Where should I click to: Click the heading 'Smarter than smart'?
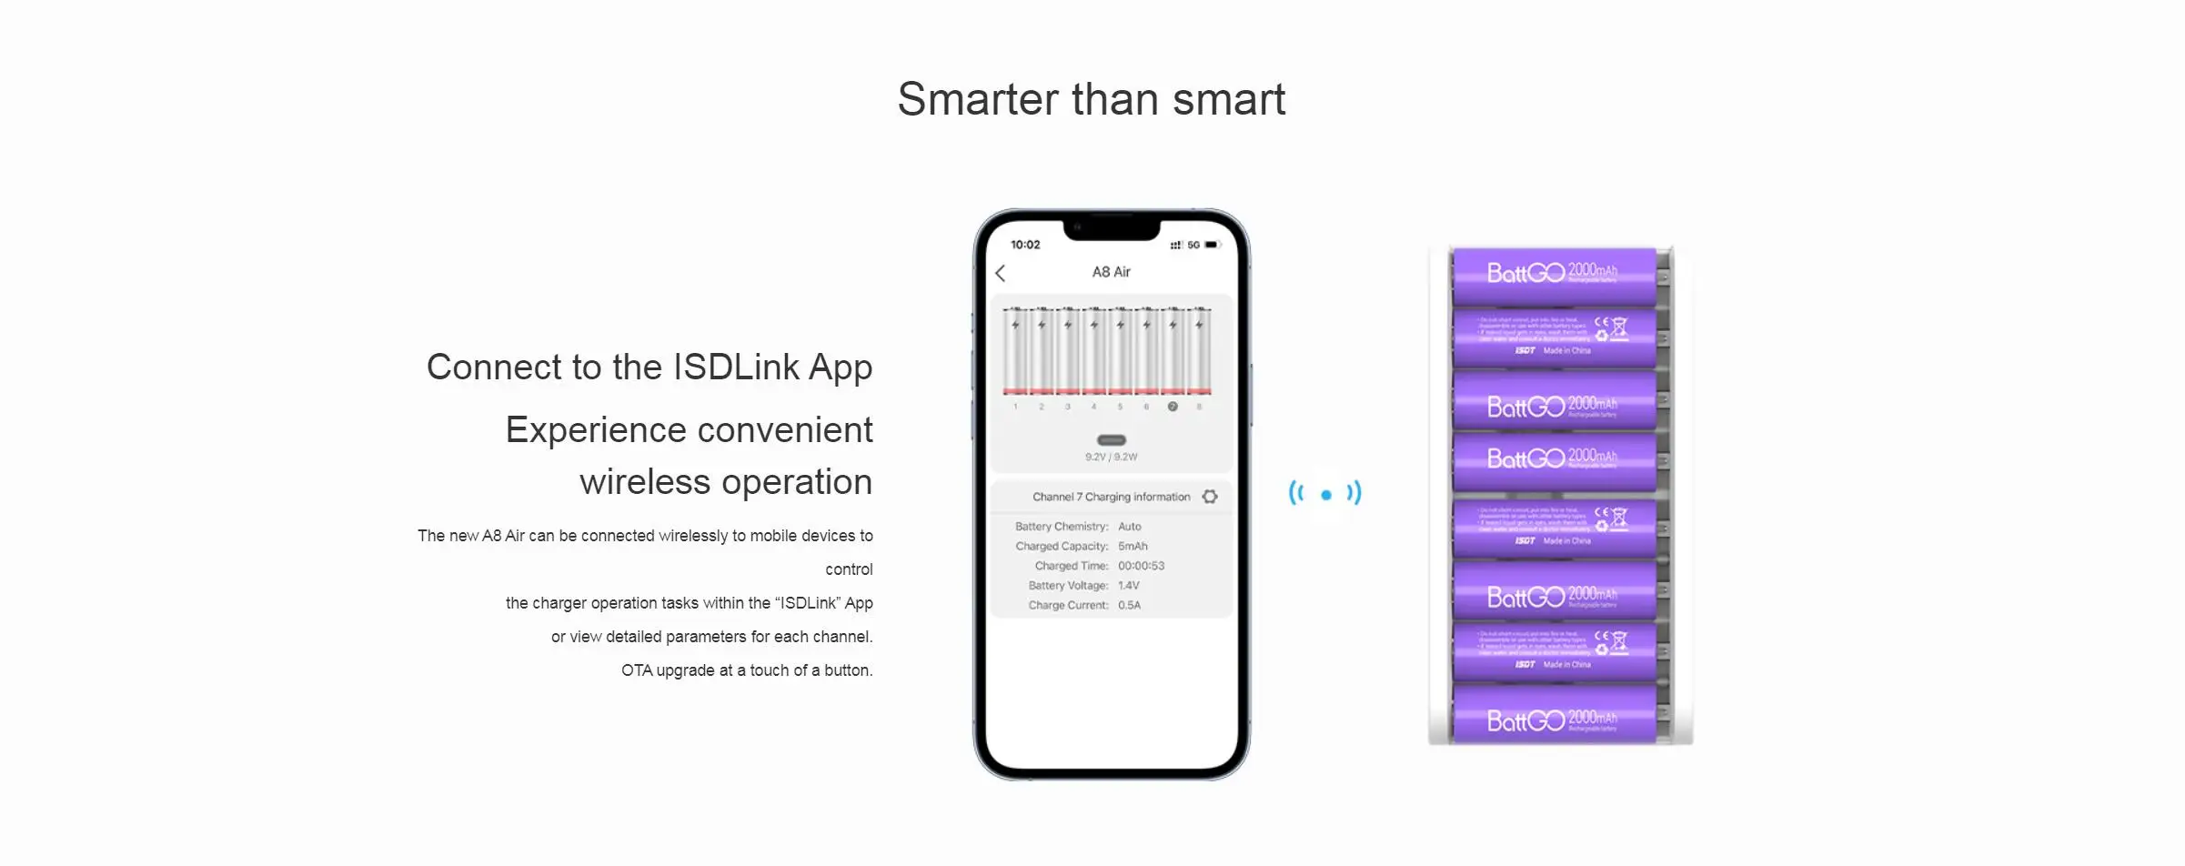coord(1091,99)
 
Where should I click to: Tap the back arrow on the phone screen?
coord(1001,273)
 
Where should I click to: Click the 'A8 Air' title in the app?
coord(1111,272)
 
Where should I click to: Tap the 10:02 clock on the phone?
coord(1025,245)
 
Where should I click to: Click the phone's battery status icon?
coord(1212,245)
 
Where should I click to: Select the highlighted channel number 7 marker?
coord(1173,407)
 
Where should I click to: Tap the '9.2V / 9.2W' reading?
coord(1111,457)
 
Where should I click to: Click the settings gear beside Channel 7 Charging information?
coord(1210,497)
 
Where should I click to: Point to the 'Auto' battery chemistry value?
coord(1129,527)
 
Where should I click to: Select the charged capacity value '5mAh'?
coord(1133,547)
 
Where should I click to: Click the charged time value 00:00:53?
coord(1141,566)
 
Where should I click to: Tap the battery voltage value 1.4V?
coord(1128,586)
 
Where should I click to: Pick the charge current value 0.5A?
coord(1129,605)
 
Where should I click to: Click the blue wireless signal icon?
coord(1325,494)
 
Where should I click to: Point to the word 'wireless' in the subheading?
coord(644,482)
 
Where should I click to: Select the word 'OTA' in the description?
coord(637,670)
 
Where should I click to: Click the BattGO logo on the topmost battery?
coord(1525,273)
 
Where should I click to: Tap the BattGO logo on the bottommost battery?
coord(1525,721)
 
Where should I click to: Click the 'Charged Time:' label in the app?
coord(1071,566)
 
